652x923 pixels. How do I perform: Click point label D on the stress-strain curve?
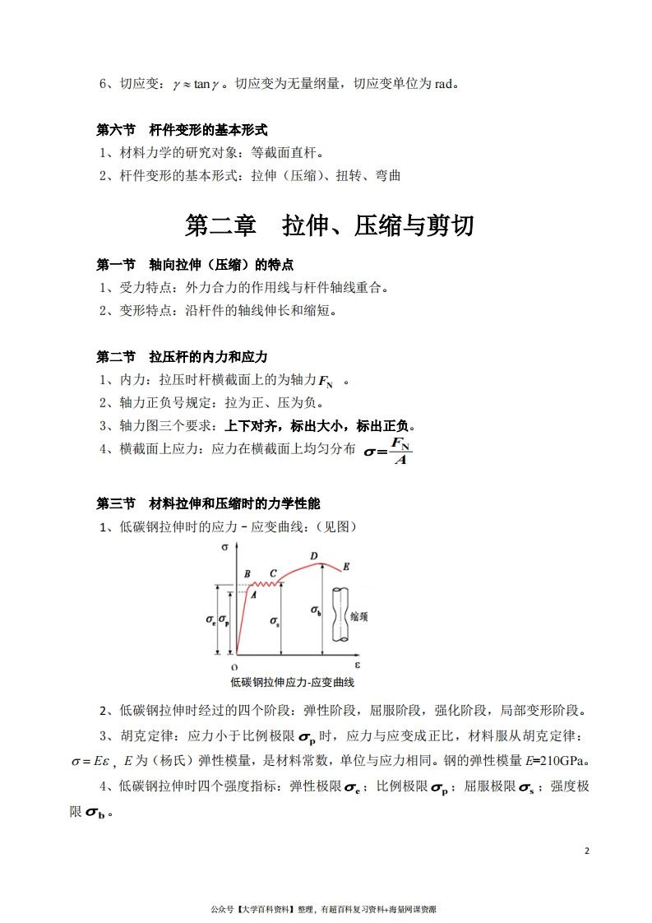coord(314,557)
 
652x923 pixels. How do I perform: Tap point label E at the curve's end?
coord(346,567)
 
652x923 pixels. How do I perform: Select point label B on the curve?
coord(247,573)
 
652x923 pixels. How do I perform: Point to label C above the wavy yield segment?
coord(273,573)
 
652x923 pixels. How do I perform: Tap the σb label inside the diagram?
coord(315,610)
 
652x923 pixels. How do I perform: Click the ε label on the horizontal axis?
coord(358,662)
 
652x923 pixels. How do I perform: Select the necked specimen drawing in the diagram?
coord(339,615)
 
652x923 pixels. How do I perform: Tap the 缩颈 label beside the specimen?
coord(359,615)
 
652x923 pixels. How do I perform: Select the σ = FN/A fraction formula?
coord(388,450)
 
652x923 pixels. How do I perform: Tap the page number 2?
coord(587,851)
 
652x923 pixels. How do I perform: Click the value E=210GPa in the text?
coord(557,759)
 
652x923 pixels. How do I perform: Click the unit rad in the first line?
coord(444,83)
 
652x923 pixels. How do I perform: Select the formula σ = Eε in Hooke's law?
coord(90,761)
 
